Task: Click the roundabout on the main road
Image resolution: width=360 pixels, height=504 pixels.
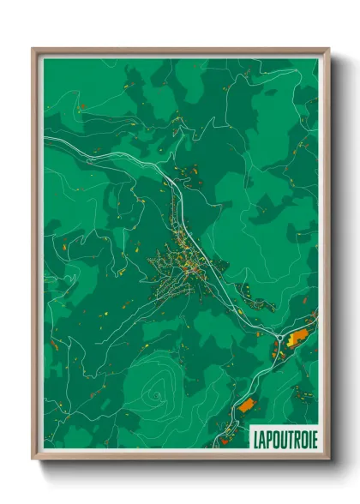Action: (276, 333)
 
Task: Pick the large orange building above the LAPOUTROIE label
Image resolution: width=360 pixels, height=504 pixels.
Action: (247, 404)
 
